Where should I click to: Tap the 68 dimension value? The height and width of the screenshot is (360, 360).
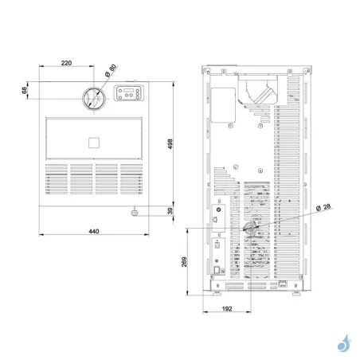pyautogui.click(x=25, y=92)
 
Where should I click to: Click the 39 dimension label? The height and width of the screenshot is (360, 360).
pyautogui.click(x=170, y=210)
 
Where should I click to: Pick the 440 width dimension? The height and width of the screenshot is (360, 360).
pyautogui.click(x=92, y=231)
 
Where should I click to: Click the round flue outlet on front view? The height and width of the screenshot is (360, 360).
pyautogui.click(x=93, y=98)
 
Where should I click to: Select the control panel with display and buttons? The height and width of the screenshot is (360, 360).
pyautogui.click(x=130, y=94)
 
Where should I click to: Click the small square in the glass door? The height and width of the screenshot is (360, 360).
pyautogui.click(x=93, y=143)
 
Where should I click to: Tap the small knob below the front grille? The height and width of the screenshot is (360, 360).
pyautogui.click(x=135, y=212)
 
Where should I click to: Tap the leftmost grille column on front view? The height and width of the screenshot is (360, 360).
pyautogui.click(x=56, y=182)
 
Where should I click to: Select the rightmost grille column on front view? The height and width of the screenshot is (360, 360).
pyautogui.click(x=131, y=182)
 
